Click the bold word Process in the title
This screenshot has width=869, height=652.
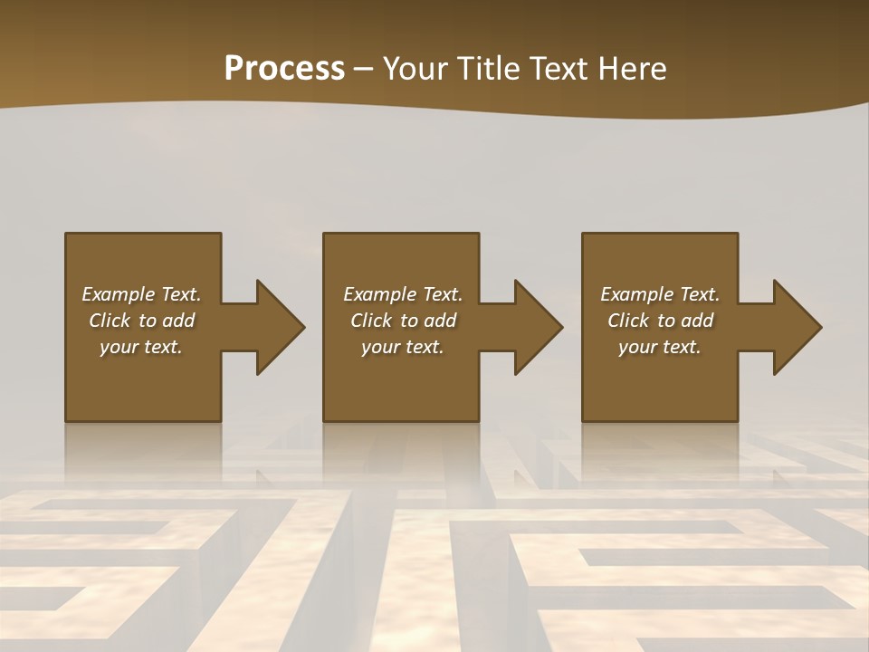point(284,69)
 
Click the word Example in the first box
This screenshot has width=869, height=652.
point(119,294)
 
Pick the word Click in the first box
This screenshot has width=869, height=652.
point(110,321)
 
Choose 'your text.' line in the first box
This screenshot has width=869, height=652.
point(141,347)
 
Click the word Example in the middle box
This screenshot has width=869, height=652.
point(380,294)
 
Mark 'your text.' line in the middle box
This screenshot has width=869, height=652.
point(403,347)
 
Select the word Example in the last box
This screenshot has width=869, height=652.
point(637,294)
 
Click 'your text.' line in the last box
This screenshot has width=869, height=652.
point(660,347)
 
